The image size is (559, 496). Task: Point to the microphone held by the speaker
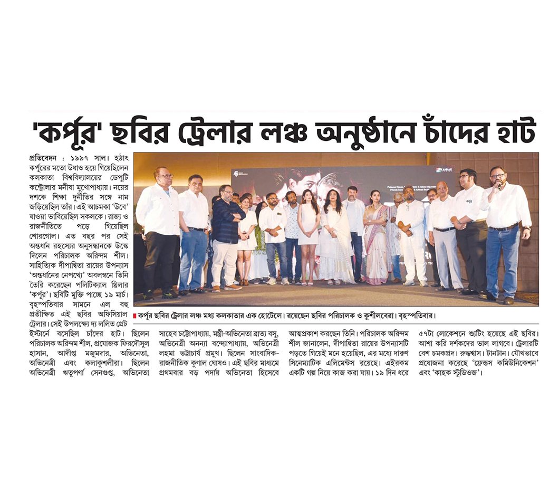(499, 185)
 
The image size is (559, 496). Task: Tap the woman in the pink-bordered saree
(375, 237)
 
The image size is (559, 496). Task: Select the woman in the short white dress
(309, 232)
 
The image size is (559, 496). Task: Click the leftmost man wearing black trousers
(158, 232)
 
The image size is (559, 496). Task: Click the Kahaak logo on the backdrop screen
(444, 170)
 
